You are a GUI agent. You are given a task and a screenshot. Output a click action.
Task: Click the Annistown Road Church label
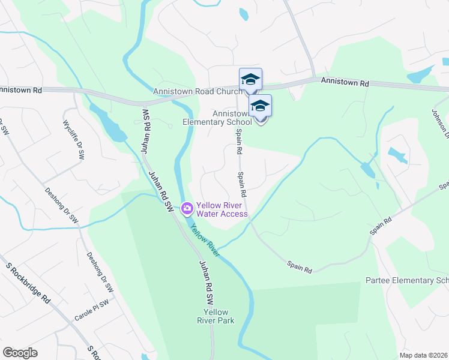[197, 92]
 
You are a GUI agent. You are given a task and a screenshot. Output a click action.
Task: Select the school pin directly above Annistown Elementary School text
[260, 107]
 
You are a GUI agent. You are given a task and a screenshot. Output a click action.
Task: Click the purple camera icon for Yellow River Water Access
[187, 208]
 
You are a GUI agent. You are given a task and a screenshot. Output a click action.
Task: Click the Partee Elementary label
[407, 281]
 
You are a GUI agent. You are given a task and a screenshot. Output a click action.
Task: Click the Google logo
[20, 353]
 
